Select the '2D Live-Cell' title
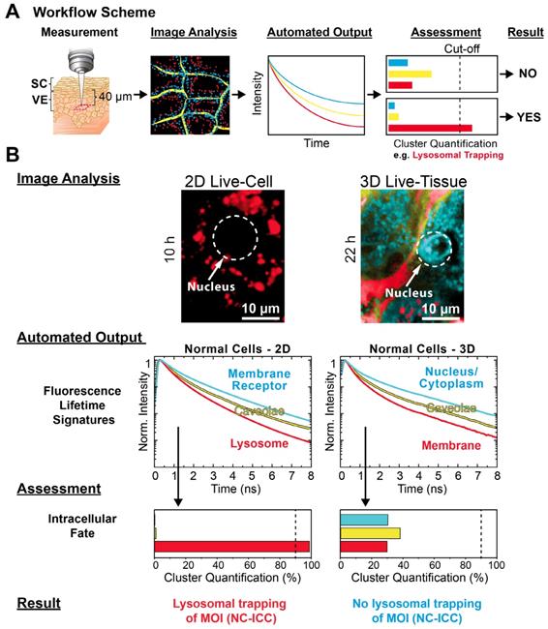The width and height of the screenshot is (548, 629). (x=229, y=180)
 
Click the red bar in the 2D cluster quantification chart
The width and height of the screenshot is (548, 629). (x=231, y=547)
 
